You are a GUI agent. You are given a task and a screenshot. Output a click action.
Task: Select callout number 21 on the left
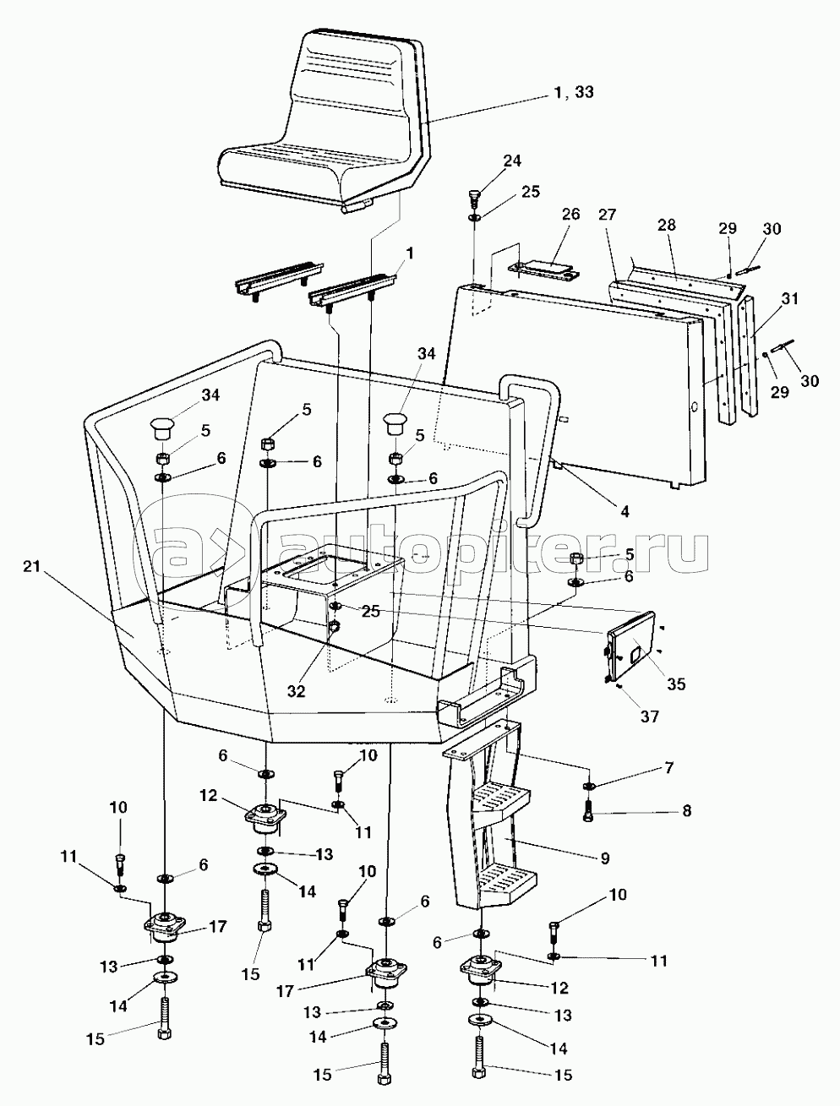tap(31, 566)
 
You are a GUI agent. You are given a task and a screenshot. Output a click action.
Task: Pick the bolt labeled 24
tap(475, 199)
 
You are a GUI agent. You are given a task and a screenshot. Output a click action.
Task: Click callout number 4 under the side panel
tap(625, 512)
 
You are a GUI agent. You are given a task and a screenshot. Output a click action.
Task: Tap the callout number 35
tap(676, 684)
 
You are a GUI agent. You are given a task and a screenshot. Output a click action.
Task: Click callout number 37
tap(650, 716)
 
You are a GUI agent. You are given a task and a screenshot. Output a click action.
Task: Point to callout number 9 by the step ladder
tap(605, 858)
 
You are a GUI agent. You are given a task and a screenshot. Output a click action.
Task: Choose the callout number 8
tap(686, 811)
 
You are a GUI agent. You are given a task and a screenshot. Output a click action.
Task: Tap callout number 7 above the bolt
tap(668, 768)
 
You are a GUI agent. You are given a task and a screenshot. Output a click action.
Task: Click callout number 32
tap(297, 691)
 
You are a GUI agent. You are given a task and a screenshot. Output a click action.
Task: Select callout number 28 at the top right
tap(666, 225)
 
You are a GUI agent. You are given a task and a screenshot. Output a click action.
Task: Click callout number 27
tap(608, 215)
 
